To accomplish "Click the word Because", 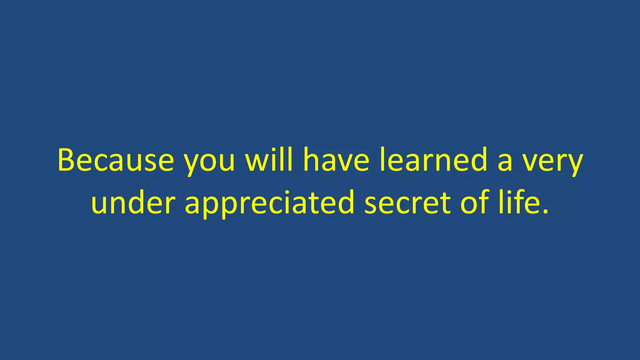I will (x=116, y=160).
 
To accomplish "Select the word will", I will (x=269, y=160).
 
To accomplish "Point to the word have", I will (x=336, y=160).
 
